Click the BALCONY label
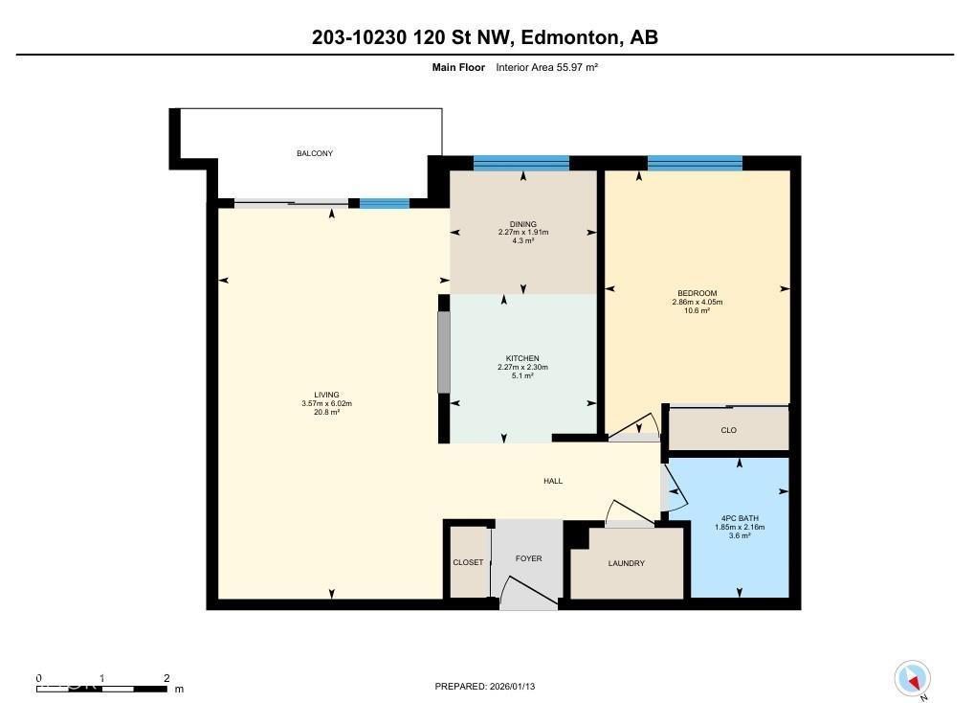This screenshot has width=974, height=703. tap(314, 153)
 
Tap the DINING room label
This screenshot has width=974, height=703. tap(522, 224)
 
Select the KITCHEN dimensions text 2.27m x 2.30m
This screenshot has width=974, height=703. tap(522, 367)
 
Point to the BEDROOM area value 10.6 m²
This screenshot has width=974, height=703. tap(697, 311)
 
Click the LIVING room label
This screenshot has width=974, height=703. tap(326, 395)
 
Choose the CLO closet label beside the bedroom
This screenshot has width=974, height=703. tap(728, 430)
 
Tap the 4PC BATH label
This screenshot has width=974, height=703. tap(739, 518)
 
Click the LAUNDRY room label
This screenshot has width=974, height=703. tap(626, 563)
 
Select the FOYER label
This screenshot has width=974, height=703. tap(528, 558)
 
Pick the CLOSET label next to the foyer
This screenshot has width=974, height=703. tap(468, 562)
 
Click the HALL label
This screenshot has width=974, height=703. tap(552, 481)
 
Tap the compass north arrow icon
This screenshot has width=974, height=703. tap(913, 679)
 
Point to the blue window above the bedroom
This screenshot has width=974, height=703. tap(695, 163)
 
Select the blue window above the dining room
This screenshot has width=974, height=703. tap(521, 163)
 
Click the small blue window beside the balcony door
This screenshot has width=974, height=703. tap(385, 203)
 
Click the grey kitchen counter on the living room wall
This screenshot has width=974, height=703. tap(444, 351)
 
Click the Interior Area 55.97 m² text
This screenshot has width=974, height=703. tap(546, 67)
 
